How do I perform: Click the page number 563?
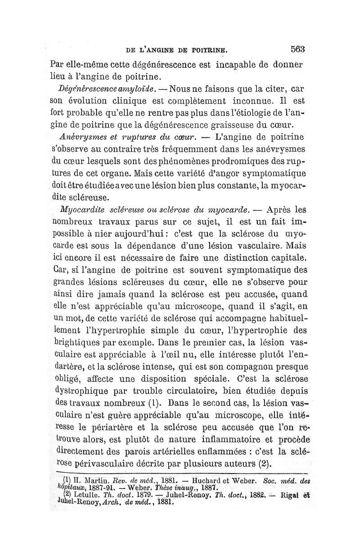[x=298, y=49]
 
